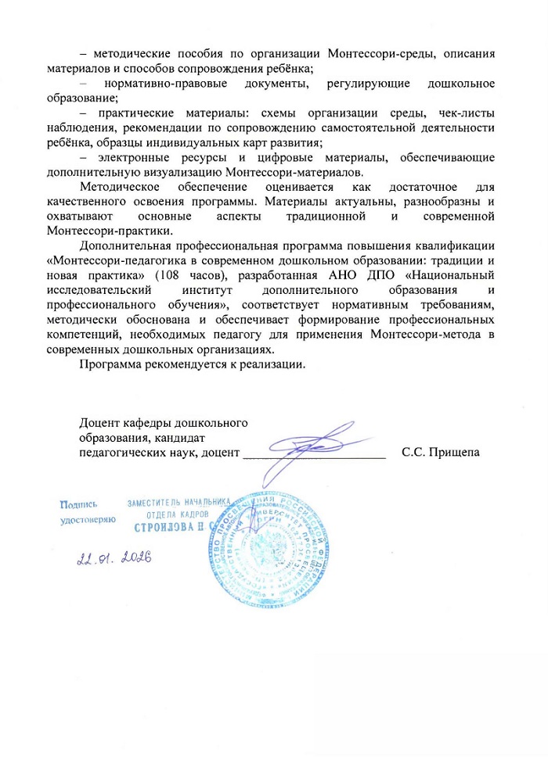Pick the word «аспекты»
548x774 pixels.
243,216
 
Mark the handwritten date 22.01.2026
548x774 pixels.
114,557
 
